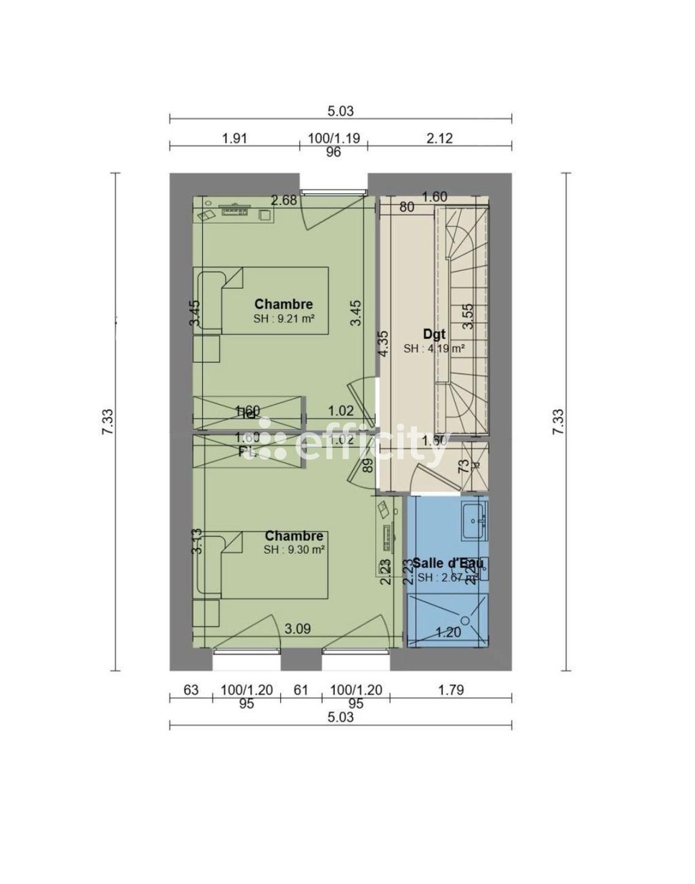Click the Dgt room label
click(x=433, y=333)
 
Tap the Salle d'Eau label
click(x=442, y=563)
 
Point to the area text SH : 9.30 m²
click(x=294, y=550)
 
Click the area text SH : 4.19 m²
click(x=433, y=349)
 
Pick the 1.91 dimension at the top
click(x=234, y=138)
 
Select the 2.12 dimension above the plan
click(x=439, y=138)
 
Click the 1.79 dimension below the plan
click(x=451, y=690)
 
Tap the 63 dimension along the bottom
click(x=190, y=690)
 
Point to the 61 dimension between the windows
click(x=300, y=690)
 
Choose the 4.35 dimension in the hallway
click(x=384, y=344)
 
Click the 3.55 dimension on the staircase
click(x=468, y=316)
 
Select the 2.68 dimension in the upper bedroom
click(x=283, y=201)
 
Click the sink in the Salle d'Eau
click(x=474, y=520)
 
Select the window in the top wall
click(x=333, y=191)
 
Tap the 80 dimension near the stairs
click(x=407, y=208)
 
